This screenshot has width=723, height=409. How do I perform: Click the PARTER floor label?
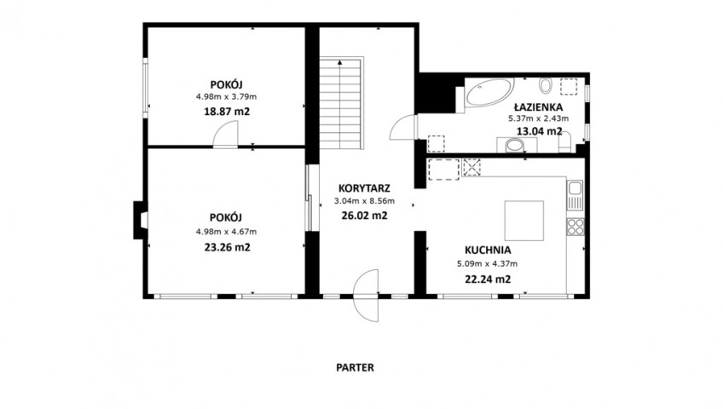tap(355, 367)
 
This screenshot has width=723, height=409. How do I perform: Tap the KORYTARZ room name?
tap(364, 188)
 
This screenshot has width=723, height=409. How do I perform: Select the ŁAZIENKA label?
tap(539, 107)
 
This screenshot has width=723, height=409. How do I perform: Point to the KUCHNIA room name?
tap(488, 251)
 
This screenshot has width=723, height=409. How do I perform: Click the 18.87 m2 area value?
tap(227, 112)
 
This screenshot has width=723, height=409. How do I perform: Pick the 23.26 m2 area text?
tap(227, 247)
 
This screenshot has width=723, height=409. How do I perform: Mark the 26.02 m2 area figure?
tap(364, 215)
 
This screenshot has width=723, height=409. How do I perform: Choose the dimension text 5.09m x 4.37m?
tap(488, 264)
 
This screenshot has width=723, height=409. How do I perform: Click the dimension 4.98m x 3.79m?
tap(227, 97)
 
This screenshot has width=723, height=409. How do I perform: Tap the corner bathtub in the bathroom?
tap(489, 92)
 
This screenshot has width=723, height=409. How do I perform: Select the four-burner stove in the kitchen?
tap(576, 227)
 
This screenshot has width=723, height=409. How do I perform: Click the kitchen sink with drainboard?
tap(576, 194)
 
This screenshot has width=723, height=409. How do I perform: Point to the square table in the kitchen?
tap(523, 221)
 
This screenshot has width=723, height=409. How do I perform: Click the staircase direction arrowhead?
tap(340, 61)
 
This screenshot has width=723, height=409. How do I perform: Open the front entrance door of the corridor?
tap(367, 295)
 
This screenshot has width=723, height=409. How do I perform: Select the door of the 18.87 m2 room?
tap(225, 135)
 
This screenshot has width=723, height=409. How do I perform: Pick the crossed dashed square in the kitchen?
tap(471, 167)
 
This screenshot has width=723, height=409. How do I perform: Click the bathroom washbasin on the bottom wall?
tap(516, 146)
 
